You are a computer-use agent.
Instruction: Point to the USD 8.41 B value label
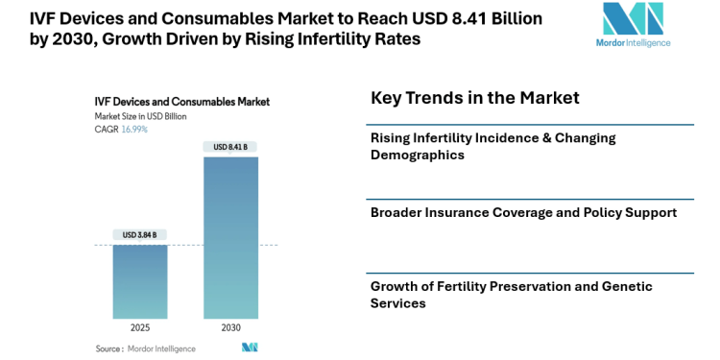click(230, 147)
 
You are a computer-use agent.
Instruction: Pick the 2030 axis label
click(230, 327)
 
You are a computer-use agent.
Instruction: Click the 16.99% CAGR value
click(134, 129)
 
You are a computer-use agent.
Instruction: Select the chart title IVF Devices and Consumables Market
click(181, 101)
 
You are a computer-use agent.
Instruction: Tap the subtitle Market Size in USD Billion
click(140, 115)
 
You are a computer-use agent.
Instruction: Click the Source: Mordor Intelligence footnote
click(146, 348)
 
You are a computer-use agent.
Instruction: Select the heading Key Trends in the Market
click(474, 98)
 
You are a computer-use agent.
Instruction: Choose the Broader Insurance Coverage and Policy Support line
click(523, 212)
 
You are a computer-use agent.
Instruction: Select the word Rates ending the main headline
click(398, 40)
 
